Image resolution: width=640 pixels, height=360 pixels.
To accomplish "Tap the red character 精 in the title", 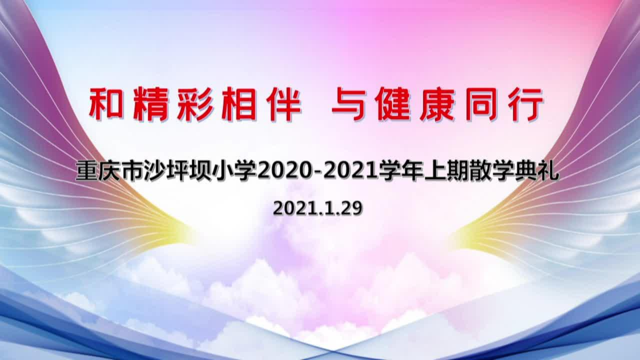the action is [150, 104].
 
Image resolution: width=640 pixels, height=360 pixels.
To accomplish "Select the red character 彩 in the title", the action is [195, 104].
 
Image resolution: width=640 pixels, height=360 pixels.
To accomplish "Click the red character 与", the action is [348, 104].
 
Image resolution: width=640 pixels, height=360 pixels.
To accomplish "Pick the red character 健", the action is [393, 104].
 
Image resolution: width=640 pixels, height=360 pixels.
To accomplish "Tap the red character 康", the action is [437, 104].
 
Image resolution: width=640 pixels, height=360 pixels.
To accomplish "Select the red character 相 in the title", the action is [239, 104].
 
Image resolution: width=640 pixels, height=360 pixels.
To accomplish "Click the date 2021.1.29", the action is [317, 208].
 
